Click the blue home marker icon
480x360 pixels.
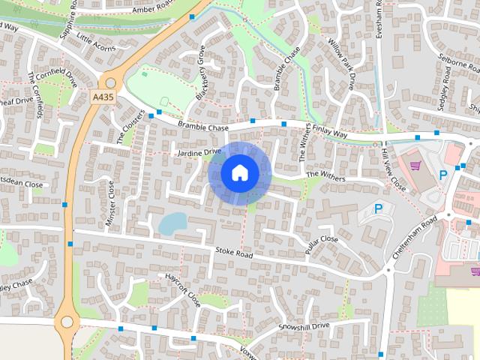tap(239, 173)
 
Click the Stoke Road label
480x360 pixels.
tap(234, 252)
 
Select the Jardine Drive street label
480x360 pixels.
tap(198, 152)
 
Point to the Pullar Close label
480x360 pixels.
tap(322, 244)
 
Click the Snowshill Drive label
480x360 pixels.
tap(304, 327)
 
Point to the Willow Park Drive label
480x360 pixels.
tap(340, 64)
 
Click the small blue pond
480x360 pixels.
tap(173, 223)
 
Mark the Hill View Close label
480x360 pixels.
tap(394, 168)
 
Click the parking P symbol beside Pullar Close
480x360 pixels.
tap(378, 209)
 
